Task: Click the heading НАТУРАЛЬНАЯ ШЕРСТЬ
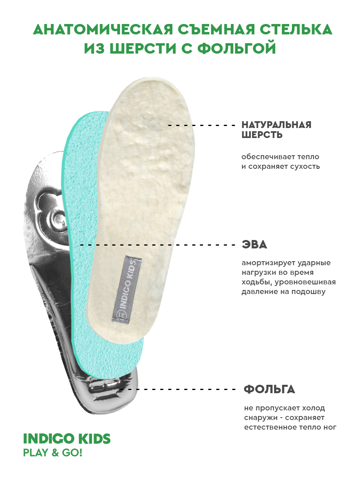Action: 276,130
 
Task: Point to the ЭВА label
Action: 254,245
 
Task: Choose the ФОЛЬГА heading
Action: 269,389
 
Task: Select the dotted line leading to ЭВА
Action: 158,245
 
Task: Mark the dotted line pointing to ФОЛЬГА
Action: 180,389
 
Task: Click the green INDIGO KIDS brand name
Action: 67,439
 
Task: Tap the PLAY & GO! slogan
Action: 52,453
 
